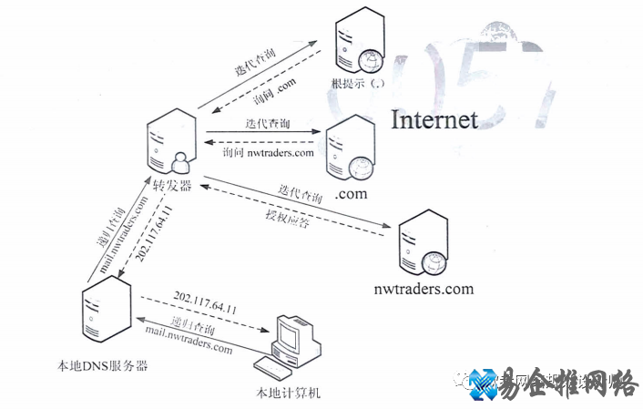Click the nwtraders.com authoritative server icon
(423, 244)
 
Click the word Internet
(434, 119)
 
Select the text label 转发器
(171, 187)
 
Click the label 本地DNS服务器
(102, 366)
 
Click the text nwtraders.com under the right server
(424, 289)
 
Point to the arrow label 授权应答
(287, 219)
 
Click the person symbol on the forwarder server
(179, 162)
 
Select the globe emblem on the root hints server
(370, 60)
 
